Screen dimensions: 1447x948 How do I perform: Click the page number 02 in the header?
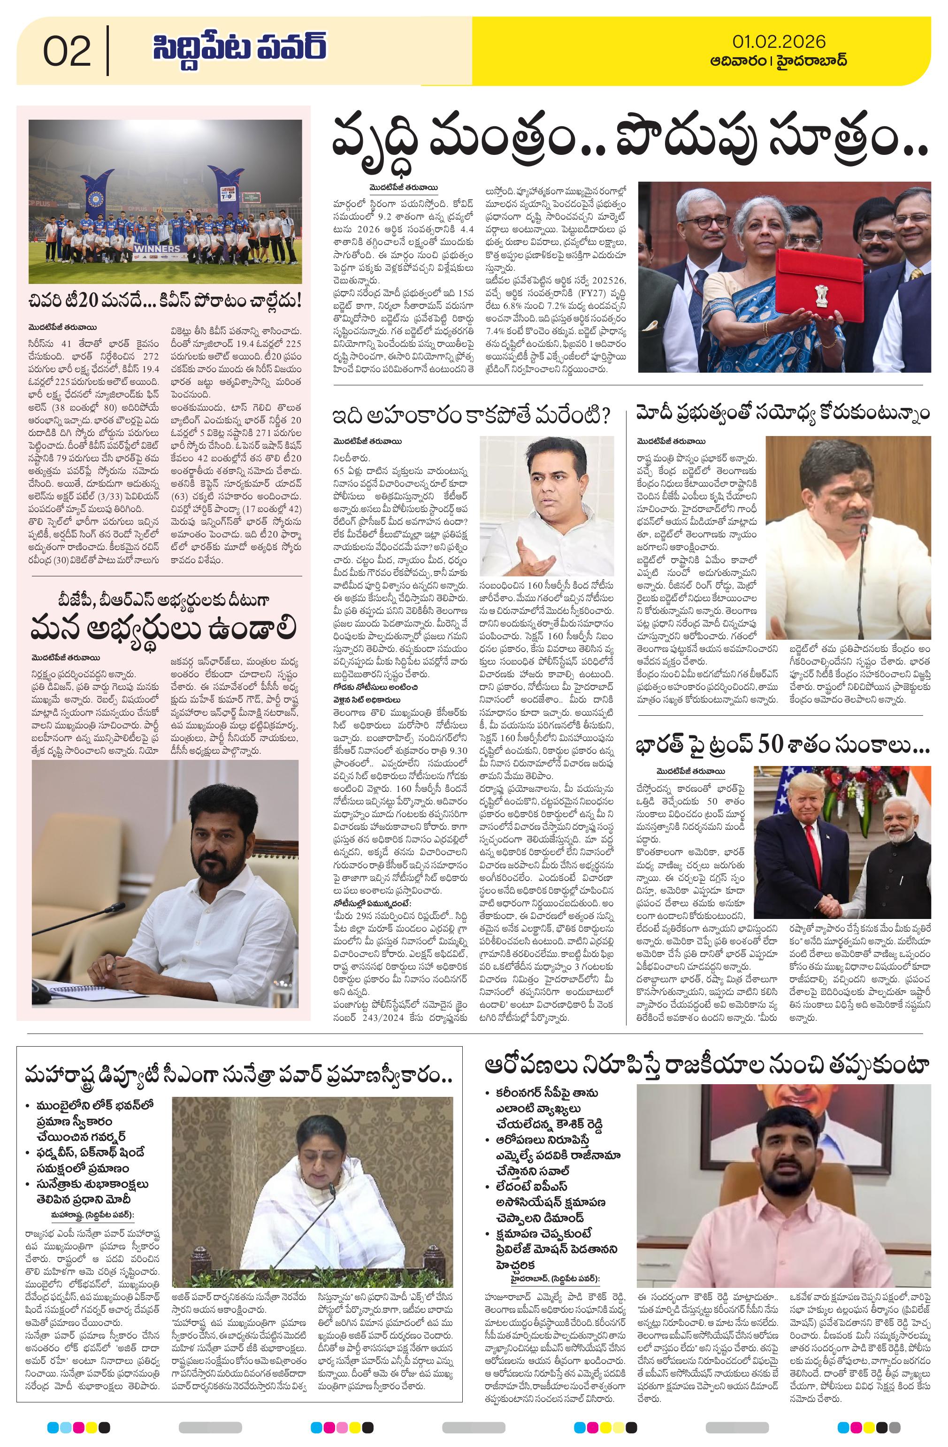[67, 52]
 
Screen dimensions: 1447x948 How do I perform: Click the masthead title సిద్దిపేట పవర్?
[240, 49]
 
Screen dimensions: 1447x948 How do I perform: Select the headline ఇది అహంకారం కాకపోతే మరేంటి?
[471, 416]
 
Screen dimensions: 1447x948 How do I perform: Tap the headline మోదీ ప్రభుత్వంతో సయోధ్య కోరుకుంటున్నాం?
[783, 414]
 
